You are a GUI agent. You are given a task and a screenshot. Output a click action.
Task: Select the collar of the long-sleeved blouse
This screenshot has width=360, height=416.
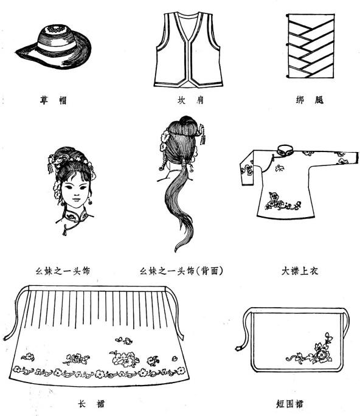283,148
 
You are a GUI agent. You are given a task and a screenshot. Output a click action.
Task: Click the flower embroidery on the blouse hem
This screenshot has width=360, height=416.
282,203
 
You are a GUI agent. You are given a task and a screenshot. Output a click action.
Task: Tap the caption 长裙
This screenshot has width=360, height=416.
89,402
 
